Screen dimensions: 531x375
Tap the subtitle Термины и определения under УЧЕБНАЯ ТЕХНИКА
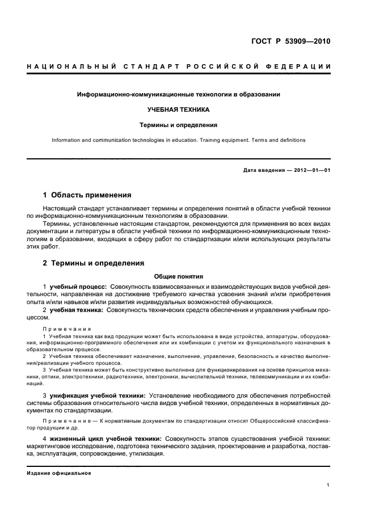click(179, 124)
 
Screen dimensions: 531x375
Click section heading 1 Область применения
click(87, 195)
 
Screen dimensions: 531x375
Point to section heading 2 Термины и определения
click(93, 263)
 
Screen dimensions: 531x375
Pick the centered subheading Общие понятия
click(179, 277)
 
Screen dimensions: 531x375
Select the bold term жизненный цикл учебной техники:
click(106, 440)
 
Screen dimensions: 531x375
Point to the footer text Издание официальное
click(59, 473)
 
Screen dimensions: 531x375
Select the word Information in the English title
click(66, 140)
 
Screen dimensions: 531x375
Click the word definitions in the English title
click(289, 140)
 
